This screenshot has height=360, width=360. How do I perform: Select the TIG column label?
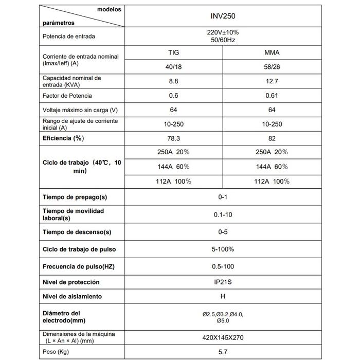(x=173, y=53)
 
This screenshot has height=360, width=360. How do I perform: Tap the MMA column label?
(x=272, y=53)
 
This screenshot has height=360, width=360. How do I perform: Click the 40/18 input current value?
(x=173, y=67)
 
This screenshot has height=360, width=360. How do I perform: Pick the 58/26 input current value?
(x=272, y=67)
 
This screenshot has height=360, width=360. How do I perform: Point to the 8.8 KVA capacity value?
(x=173, y=81)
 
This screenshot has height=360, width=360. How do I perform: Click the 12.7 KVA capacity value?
(x=272, y=81)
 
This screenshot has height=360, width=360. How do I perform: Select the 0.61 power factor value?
(x=272, y=96)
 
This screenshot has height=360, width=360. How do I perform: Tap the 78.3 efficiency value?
(x=173, y=138)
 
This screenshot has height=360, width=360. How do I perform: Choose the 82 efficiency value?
(x=272, y=138)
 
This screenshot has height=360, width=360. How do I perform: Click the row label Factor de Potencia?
(x=67, y=96)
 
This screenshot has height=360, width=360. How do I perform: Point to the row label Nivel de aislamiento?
(x=72, y=296)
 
